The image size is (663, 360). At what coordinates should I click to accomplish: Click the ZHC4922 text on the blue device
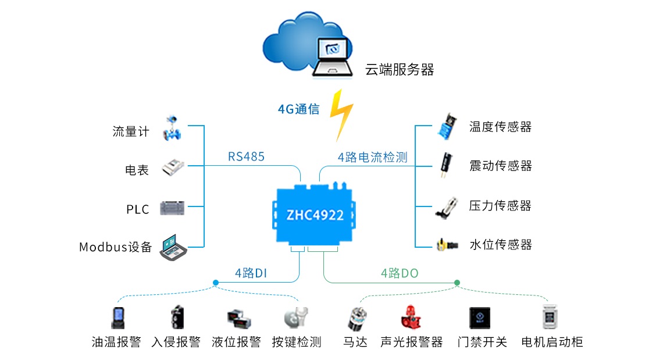coord(315,215)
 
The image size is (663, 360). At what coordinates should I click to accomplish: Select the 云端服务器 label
coord(400,70)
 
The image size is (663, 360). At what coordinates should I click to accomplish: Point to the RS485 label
coord(246,156)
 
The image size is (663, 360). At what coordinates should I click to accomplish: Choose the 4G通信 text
coord(298,109)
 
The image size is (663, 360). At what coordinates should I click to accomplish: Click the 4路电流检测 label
coord(372,156)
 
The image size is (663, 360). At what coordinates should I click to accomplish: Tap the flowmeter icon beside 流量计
coord(172,129)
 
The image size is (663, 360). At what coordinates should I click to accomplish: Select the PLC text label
coord(138,209)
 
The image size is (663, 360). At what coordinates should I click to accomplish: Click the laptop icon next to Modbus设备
coord(173,248)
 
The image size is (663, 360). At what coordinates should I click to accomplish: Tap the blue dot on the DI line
coord(216,283)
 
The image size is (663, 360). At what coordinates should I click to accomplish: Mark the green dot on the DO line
coord(457,283)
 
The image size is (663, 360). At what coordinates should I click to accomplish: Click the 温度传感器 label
coord(500,127)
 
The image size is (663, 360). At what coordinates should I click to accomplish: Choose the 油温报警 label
coord(116,342)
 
